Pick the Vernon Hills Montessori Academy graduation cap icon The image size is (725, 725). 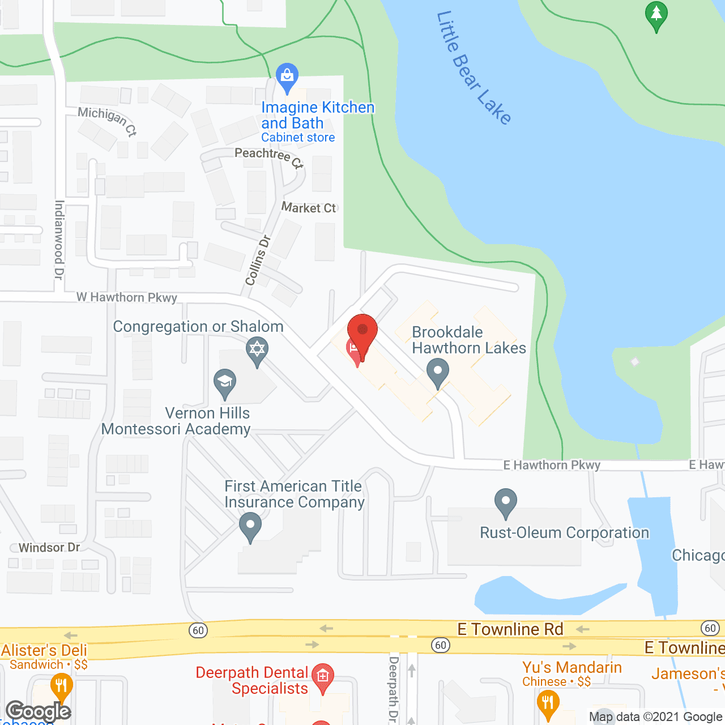(225, 382)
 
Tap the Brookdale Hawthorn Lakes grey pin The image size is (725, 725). (437, 373)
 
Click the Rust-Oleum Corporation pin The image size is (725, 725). (506, 502)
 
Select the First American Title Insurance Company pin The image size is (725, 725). (250, 526)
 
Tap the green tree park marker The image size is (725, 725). (656, 15)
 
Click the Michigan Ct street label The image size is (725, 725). (108, 121)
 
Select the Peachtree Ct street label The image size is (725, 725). (269, 157)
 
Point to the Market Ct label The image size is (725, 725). (309, 208)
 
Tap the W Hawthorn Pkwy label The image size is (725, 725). (127, 297)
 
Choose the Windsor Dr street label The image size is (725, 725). (49, 548)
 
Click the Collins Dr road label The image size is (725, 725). (258, 260)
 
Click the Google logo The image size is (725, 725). (39, 711)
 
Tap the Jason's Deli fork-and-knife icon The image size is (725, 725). (61, 686)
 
